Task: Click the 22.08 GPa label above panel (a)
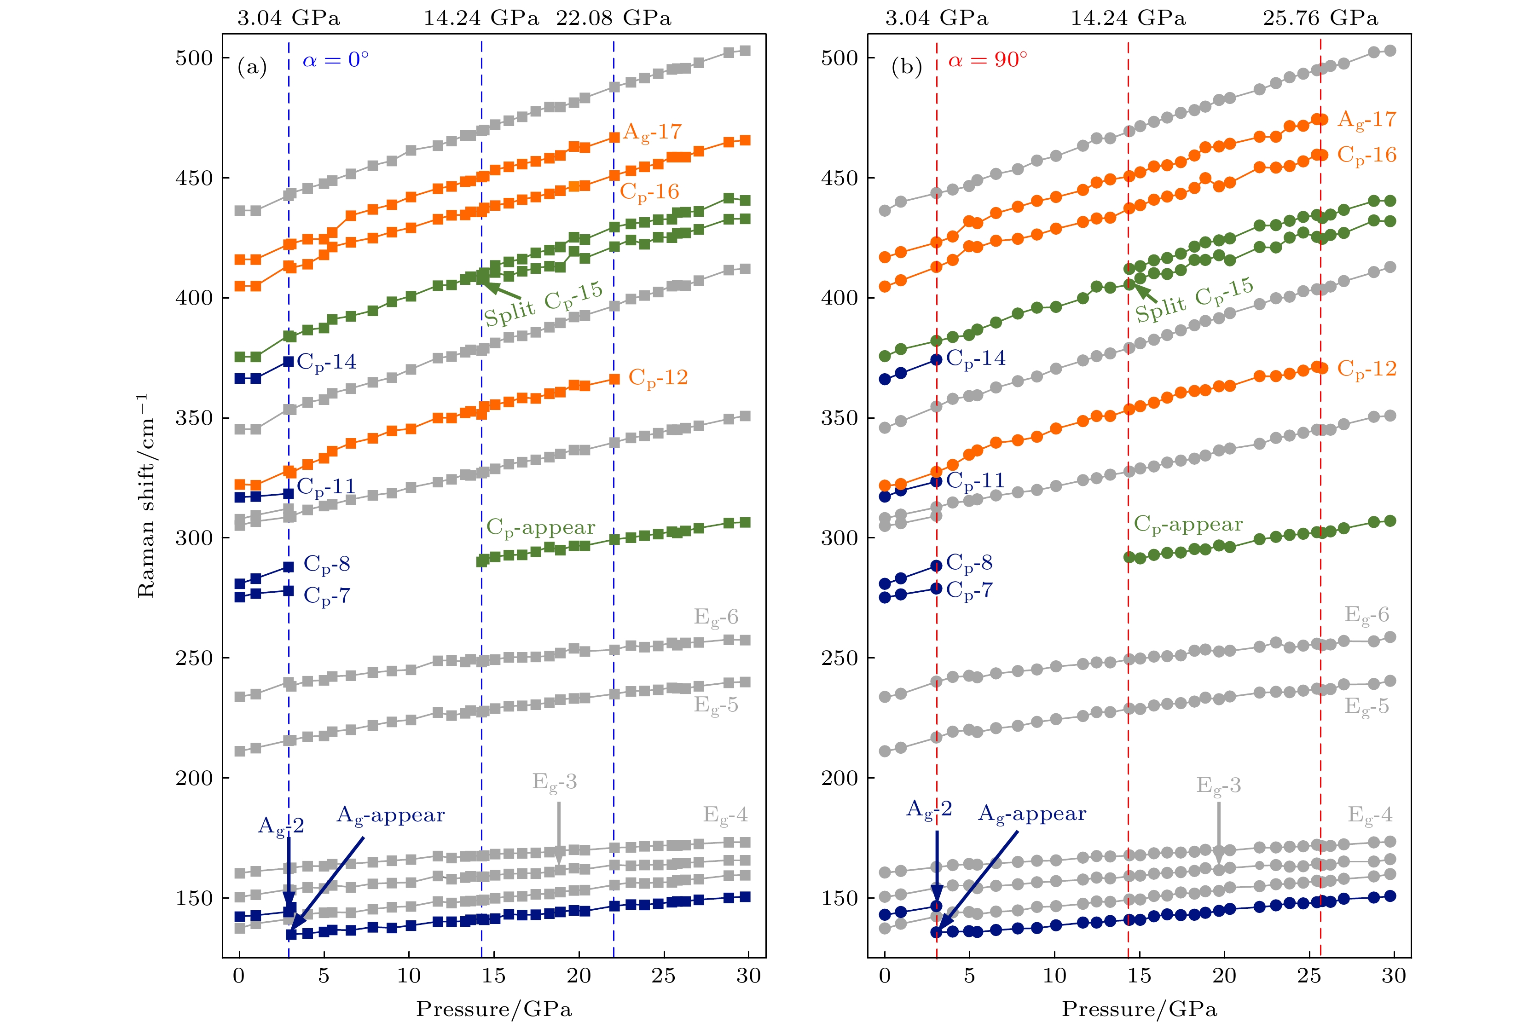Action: pyautogui.click(x=613, y=17)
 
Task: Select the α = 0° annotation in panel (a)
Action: pyautogui.click(x=335, y=60)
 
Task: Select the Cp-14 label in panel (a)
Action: pyautogui.click(x=326, y=362)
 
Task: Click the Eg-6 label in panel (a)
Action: pyautogui.click(x=716, y=618)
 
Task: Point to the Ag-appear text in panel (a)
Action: pyautogui.click(x=390, y=815)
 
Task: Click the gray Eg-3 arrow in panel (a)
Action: pyautogui.click(x=559, y=832)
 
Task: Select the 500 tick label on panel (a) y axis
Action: pyautogui.click(x=194, y=58)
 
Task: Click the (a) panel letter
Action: pyautogui.click(x=252, y=67)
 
